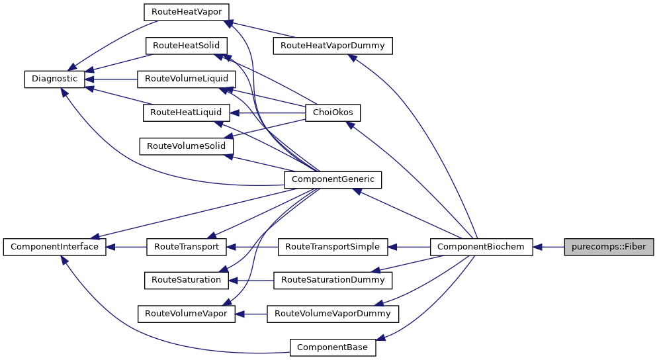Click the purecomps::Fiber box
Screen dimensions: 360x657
pyautogui.click(x=609, y=247)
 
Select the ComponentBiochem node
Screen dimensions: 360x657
pyautogui.click(x=481, y=247)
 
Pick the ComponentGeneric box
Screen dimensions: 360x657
pyautogui.click(x=333, y=179)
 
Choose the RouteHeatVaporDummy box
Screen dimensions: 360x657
pyautogui.click(x=333, y=46)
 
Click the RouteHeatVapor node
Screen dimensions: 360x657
pyautogui.click(x=186, y=12)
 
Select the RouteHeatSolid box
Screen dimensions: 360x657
pyautogui.click(x=186, y=46)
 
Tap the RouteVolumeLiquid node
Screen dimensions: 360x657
pyautogui.click(x=186, y=79)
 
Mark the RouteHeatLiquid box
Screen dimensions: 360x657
pyautogui.click(x=186, y=112)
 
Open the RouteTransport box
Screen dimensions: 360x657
pyautogui.click(x=186, y=247)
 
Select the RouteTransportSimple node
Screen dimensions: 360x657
pyautogui.click(x=333, y=247)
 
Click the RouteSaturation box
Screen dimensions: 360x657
pyautogui.click(x=186, y=280)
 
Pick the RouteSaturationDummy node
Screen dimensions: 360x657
pyautogui.click(x=333, y=280)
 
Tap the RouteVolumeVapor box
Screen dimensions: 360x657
pyautogui.click(x=186, y=314)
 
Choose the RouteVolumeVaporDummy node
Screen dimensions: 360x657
pyautogui.click(x=333, y=314)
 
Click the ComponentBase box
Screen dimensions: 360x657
pyautogui.click(x=333, y=347)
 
